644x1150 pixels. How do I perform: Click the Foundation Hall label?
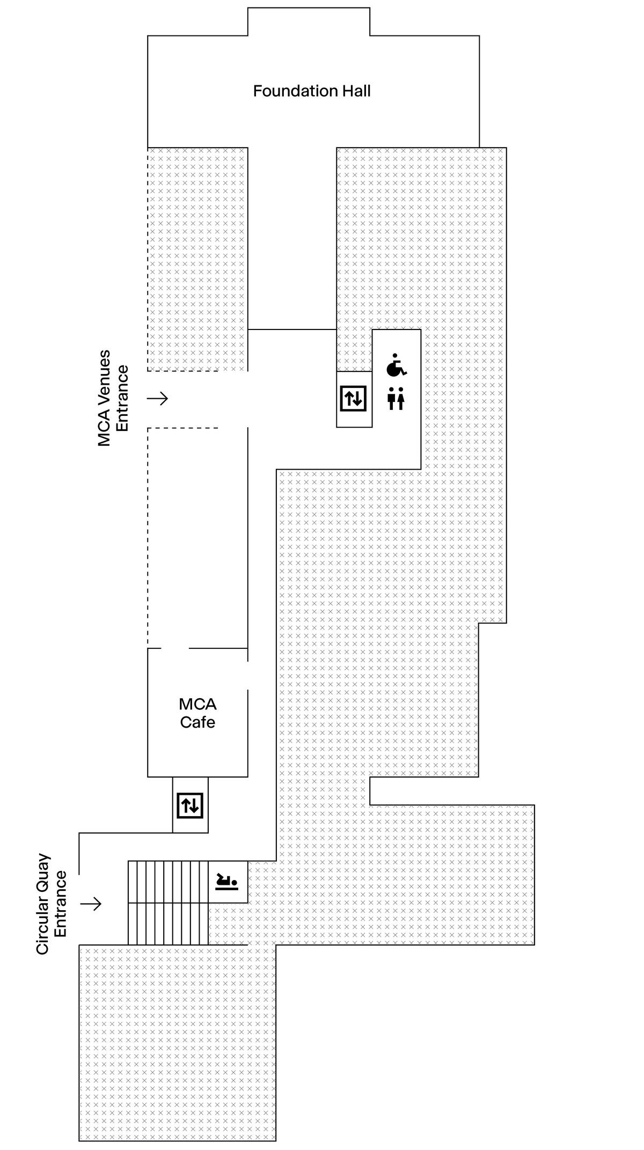click(311, 91)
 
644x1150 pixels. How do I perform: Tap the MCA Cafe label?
click(197, 713)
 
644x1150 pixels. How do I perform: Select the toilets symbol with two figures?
click(396, 399)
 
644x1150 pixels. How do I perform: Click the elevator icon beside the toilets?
click(354, 399)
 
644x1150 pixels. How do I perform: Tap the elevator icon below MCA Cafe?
click(190, 805)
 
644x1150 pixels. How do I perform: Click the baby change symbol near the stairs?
click(226, 882)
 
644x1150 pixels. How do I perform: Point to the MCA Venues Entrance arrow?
click(158, 398)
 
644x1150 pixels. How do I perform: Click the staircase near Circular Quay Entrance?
click(167, 903)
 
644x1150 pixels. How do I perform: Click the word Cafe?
click(197, 722)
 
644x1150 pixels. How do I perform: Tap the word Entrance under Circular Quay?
click(61, 904)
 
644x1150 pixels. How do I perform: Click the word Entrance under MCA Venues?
click(122, 398)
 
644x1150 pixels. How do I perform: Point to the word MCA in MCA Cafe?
click(197, 704)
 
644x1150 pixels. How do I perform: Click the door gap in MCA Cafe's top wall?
click(175, 648)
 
